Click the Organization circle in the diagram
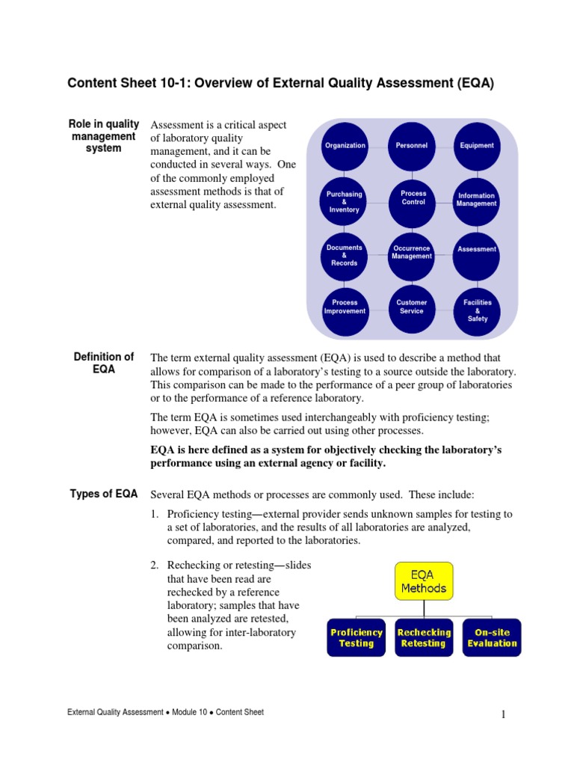pos(345,145)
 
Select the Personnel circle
pos(412,145)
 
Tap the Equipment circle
pos(477,145)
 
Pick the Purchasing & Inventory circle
pos(345,201)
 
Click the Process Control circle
pos(413,199)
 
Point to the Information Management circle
pos(477,200)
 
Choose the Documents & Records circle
pos(345,255)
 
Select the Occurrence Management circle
pos(412,253)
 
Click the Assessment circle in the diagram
pos(477,250)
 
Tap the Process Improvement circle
pos(345,307)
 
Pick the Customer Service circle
pos(412,307)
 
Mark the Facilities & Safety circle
pos(477,310)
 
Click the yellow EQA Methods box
pos(424,581)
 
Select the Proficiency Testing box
pos(357,637)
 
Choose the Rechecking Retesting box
pos(424,637)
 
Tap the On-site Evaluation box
pos(492,637)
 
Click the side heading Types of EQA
pos(104,494)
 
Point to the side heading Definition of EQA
pos(104,363)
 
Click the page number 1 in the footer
pos(504,716)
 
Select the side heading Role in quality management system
pos(104,136)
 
